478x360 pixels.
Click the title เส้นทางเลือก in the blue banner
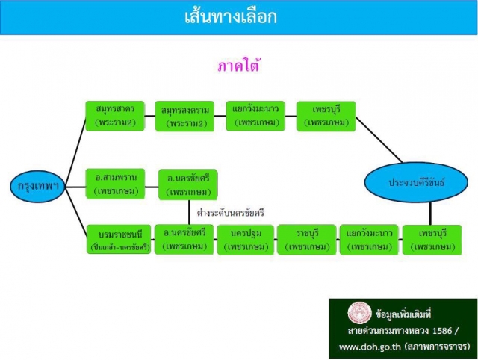click(231, 16)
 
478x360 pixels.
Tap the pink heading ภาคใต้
click(239, 66)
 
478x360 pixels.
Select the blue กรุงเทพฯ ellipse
click(38, 186)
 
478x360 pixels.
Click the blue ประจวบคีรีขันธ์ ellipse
click(416, 182)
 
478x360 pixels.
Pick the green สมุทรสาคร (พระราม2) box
click(115, 116)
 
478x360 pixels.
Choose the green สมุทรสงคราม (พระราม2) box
click(184, 117)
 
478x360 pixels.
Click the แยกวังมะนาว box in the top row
click(255, 116)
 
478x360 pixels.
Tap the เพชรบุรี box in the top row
click(326, 116)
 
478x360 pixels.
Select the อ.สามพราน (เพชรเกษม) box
click(116, 184)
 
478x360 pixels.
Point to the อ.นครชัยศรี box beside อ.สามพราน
click(188, 184)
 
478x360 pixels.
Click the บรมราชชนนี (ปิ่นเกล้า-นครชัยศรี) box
click(119, 239)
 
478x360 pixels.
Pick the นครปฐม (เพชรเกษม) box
click(246, 240)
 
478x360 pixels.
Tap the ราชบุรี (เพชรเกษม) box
click(307, 240)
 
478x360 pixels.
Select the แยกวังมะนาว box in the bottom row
click(369, 240)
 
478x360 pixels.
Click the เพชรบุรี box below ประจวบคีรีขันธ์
click(432, 240)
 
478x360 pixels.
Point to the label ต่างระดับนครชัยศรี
click(230, 212)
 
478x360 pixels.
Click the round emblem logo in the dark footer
click(360, 313)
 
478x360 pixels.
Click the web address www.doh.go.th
click(370, 347)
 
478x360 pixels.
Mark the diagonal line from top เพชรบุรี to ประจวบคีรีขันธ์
click(379, 140)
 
